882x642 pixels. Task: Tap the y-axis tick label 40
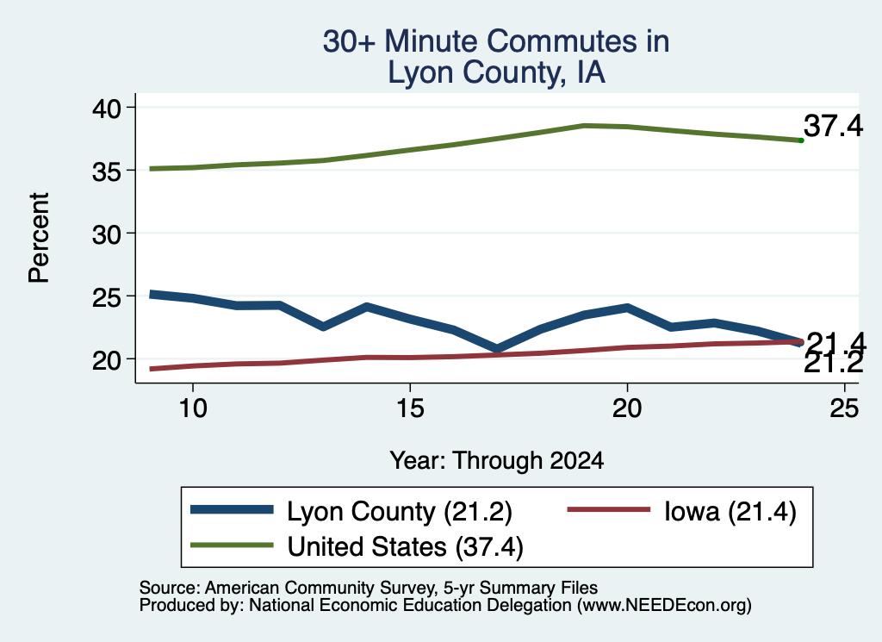click(106, 108)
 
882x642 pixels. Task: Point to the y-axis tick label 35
click(106, 171)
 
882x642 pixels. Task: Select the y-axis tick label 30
click(106, 234)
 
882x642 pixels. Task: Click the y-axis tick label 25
click(106, 297)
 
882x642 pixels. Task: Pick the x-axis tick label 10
click(193, 408)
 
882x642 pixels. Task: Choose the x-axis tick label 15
click(410, 408)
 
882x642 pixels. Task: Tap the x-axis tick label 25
click(844, 408)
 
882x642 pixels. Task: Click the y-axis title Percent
click(39, 238)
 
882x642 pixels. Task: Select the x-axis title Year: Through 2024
click(497, 460)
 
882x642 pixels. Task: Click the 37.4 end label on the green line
click(833, 126)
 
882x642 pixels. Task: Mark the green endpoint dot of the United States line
click(801, 140)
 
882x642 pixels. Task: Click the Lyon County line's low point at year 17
click(497, 349)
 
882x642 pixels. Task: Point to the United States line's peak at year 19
click(584, 126)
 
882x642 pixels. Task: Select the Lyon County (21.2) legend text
click(400, 512)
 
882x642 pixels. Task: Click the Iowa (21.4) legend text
click(730, 512)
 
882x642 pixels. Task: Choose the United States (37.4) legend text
click(405, 546)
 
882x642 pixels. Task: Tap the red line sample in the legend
click(609, 510)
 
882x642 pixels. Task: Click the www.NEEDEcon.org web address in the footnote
click(664, 606)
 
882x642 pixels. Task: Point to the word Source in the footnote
click(167, 588)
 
